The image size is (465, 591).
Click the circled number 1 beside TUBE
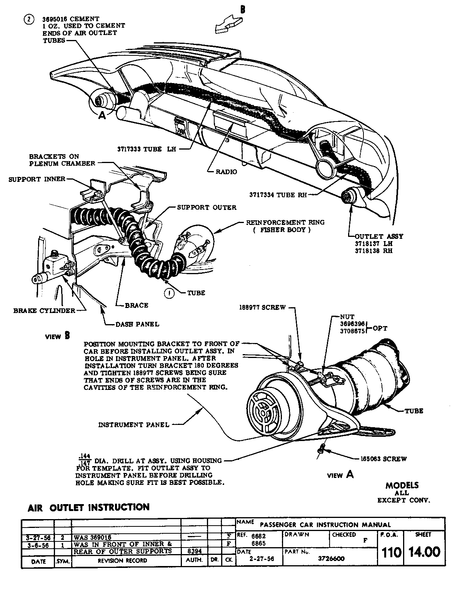coord(169,293)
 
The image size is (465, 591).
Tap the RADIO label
coord(226,172)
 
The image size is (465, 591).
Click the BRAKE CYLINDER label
coord(44,311)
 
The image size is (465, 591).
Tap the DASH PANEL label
coord(137,324)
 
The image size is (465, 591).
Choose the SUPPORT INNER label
coord(37,179)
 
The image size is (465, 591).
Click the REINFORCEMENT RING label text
coord(285,223)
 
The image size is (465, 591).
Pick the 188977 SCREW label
coord(262,307)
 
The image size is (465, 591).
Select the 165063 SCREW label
coord(384,459)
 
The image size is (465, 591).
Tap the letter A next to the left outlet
coord(102,115)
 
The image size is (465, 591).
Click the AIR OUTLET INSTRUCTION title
coord(88,508)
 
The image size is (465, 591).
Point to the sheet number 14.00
coord(424,552)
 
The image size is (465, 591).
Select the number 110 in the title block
coord(391,553)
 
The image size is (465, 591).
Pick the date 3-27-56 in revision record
coord(38,537)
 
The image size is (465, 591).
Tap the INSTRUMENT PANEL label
coord(134,425)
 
